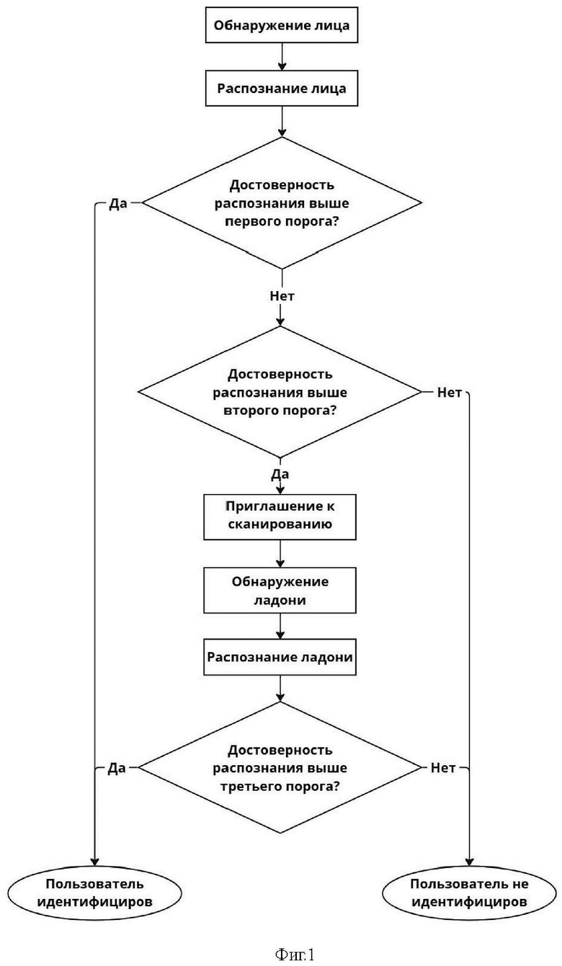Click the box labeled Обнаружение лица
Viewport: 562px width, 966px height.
tap(282, 25)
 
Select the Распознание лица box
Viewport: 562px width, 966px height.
tap(282, 89)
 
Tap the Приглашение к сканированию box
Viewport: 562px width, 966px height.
tap(280, 516)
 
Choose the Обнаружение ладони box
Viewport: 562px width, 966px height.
tap(280, 590)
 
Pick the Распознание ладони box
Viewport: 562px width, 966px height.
tap(280, 657)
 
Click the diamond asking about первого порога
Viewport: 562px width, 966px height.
tap(282, 202)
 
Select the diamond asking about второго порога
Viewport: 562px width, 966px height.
tap(280, 392)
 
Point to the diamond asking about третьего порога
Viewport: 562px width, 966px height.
tap(280, 767)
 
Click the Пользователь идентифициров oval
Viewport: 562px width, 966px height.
tap(94, 893)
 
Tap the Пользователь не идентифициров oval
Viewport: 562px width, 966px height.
tap(469, 893)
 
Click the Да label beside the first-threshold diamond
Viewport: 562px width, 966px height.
tap(118, 204)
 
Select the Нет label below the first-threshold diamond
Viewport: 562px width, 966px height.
tap(282, 296)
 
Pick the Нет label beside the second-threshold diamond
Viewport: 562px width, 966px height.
tap(450, 393)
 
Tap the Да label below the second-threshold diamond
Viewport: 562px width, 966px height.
tap(280, 475)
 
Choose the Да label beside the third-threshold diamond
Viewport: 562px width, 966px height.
tap(117, 768)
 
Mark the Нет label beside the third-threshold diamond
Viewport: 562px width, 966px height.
tap(443, 768)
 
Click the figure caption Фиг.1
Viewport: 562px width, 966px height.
tap(295, 954)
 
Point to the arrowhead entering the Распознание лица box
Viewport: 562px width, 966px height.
tap(282, 66)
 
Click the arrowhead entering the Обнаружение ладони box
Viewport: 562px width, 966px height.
tap(280, 563)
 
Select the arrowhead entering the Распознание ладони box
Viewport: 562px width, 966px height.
tap(280, 635)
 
